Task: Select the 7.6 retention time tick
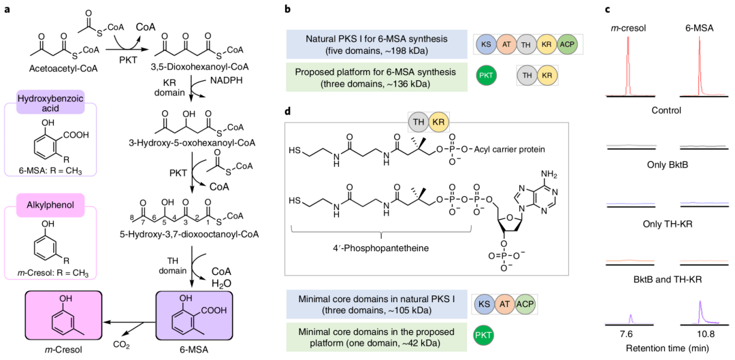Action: coord(627,334)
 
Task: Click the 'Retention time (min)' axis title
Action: coord(664,350)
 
